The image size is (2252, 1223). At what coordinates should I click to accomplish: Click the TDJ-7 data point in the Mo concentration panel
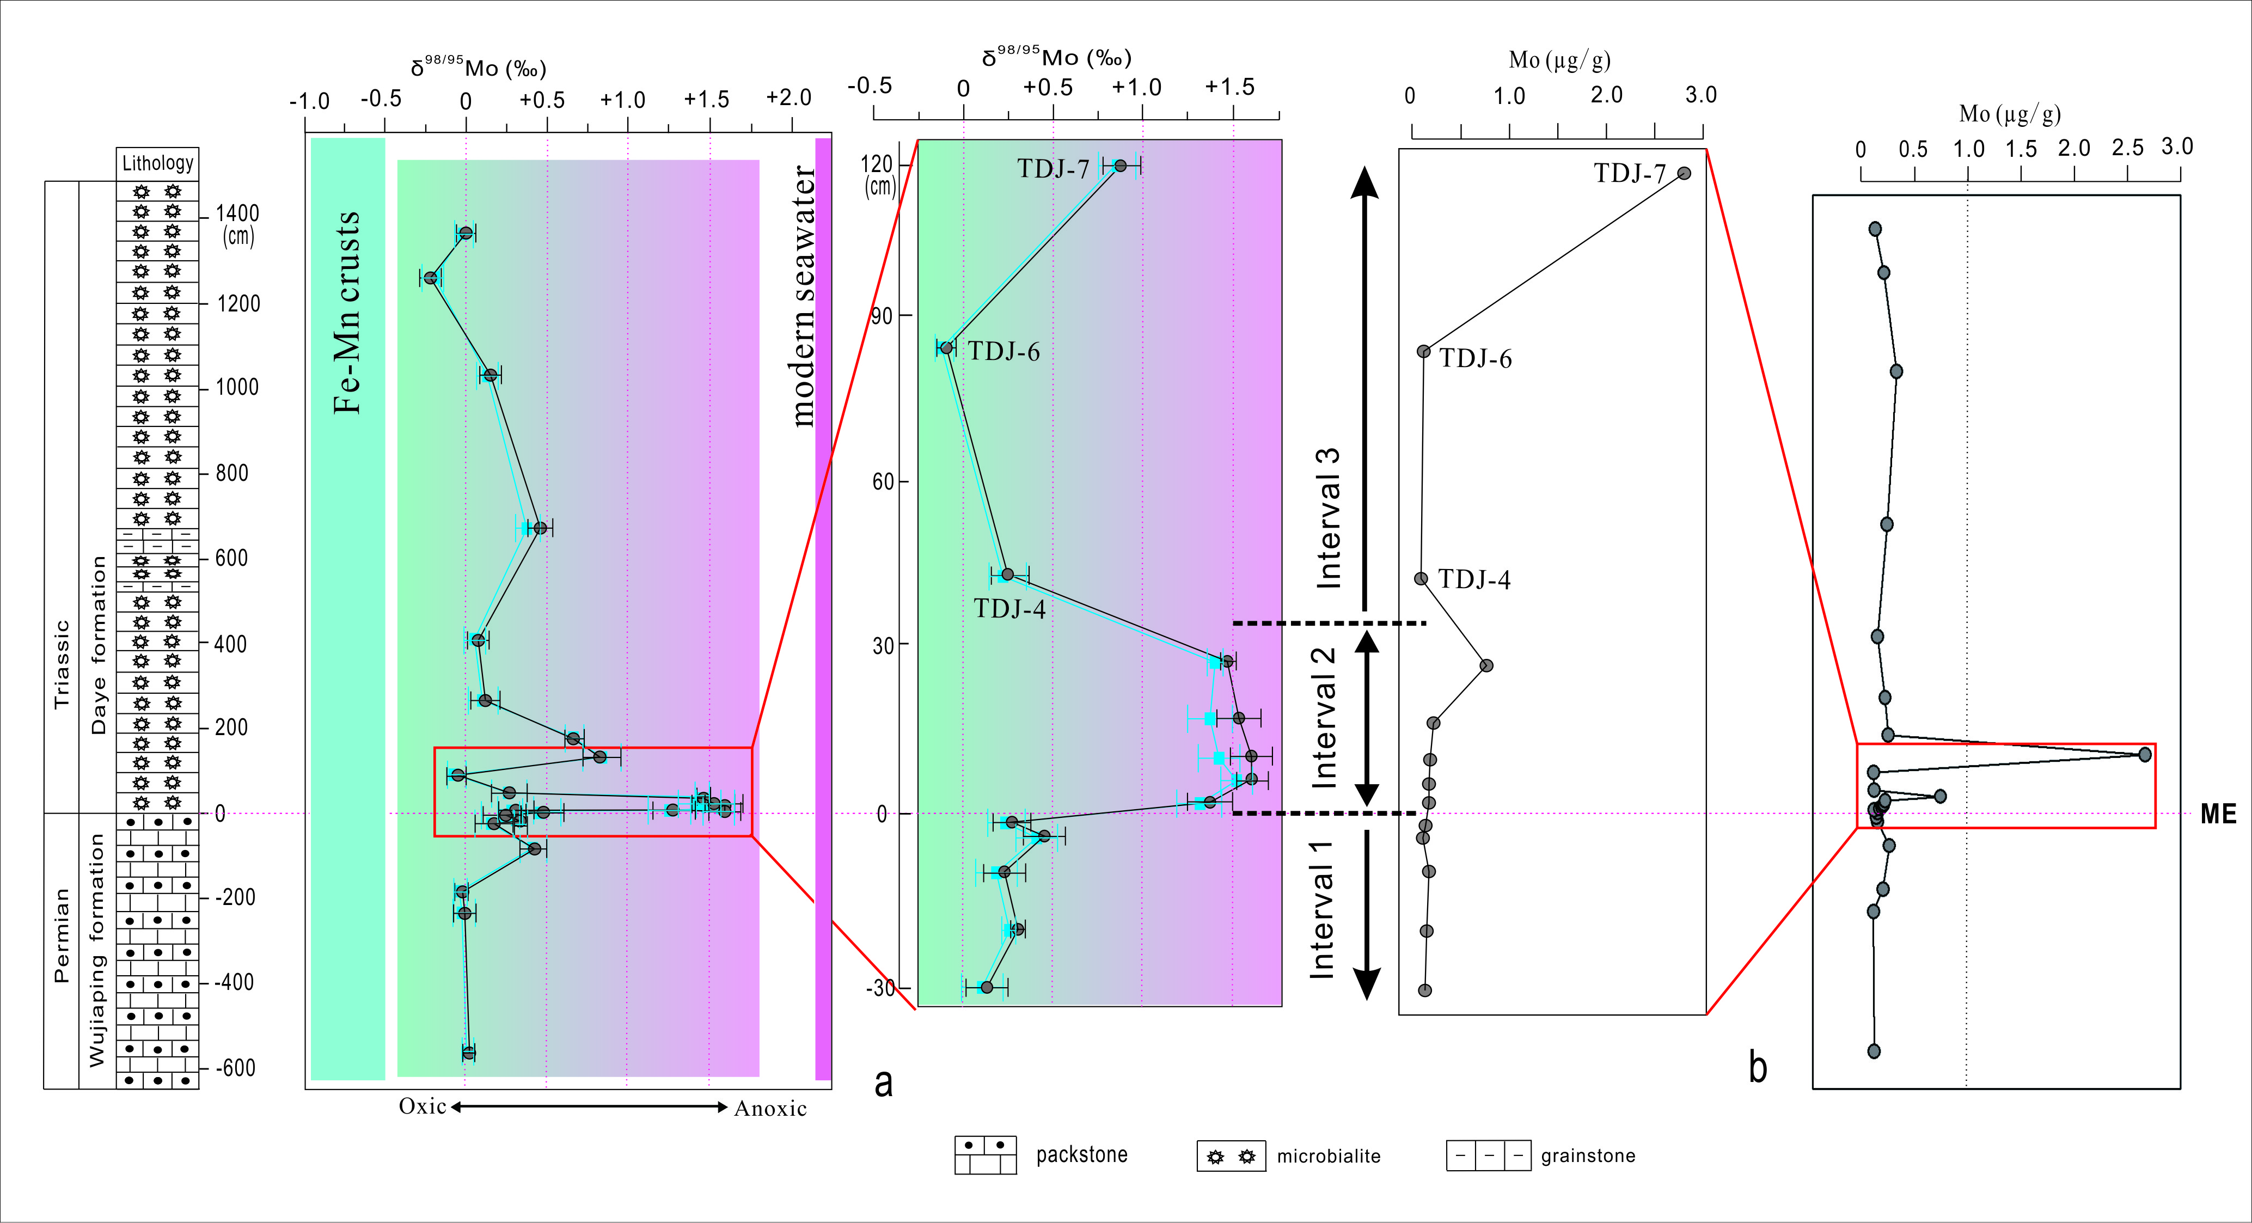point(1684,173)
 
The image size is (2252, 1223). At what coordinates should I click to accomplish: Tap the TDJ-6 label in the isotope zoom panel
point(1003,351)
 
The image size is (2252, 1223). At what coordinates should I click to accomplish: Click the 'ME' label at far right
point(2218,814)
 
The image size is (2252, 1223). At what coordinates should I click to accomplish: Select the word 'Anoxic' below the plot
point(770,1109)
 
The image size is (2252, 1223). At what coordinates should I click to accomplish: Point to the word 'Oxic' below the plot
point(423,1106)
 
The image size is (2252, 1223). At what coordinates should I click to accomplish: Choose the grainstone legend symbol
point(1489,1155)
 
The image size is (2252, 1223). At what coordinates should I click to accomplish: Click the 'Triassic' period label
point(61,664)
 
